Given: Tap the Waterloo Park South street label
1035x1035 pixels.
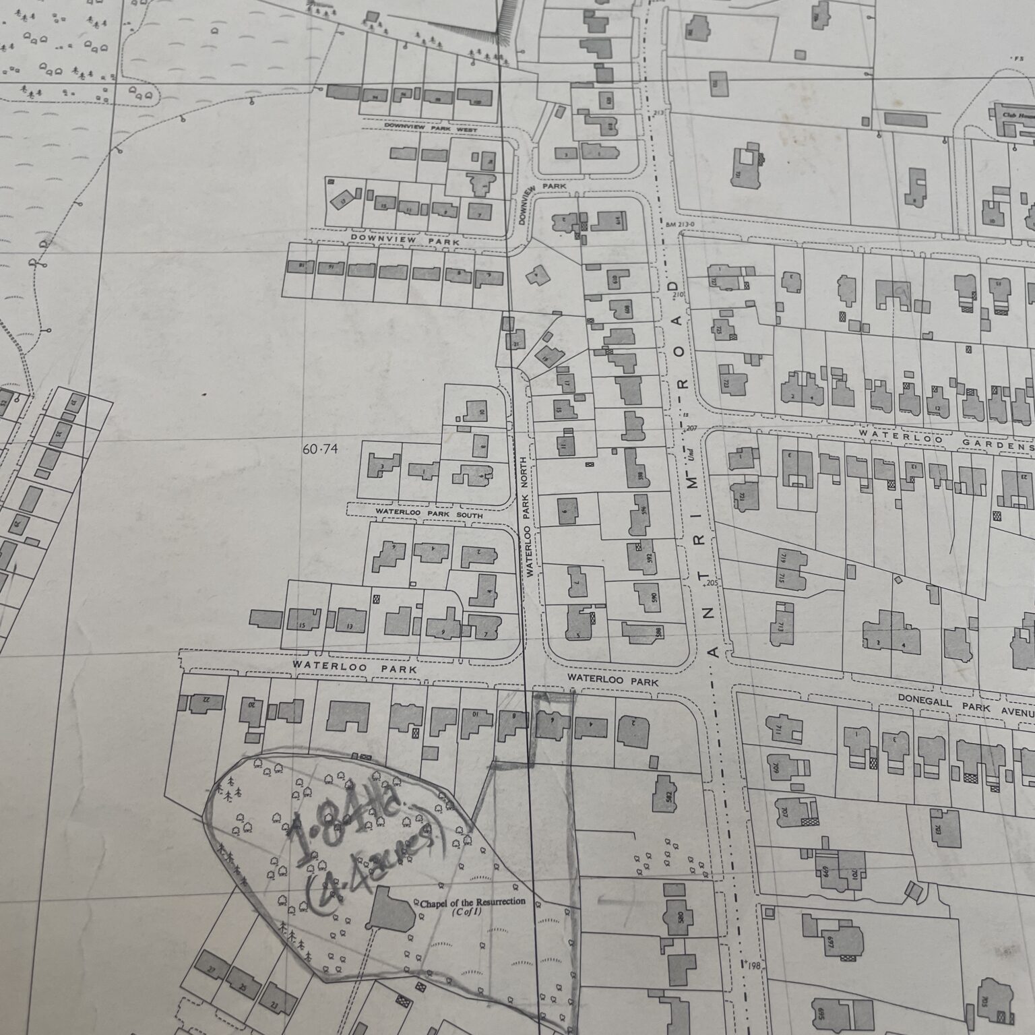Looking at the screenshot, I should click(x=429, y=514).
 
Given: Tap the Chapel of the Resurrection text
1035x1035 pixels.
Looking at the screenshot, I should click(x=472, y=902).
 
